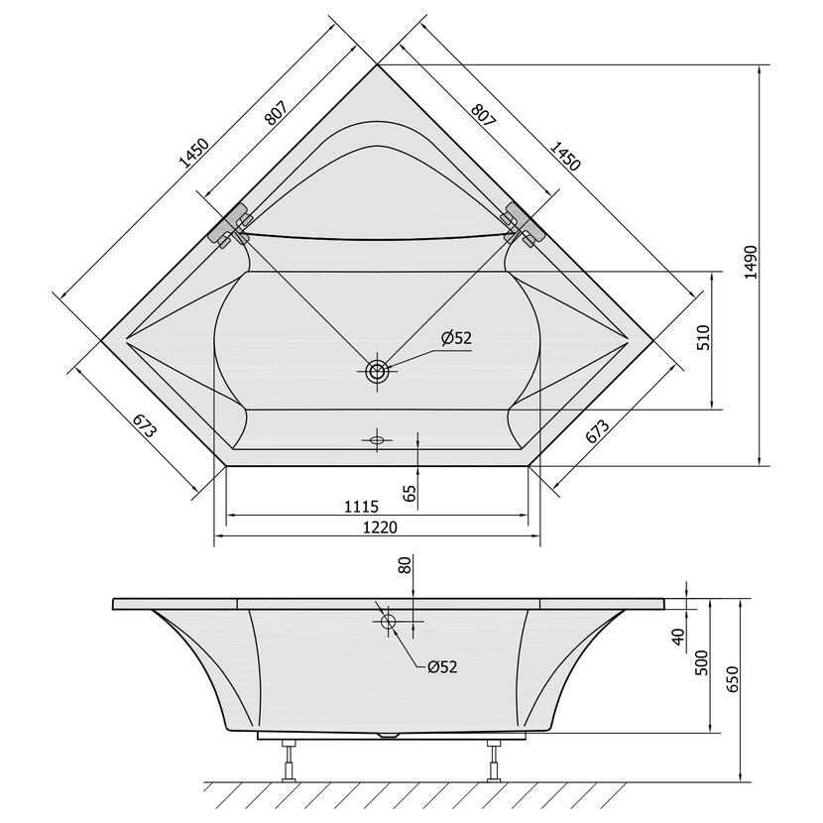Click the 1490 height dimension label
tap(751, 262)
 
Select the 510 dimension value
tap(703, 337)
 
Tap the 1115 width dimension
tap(361, 507)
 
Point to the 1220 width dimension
tap(381, 527)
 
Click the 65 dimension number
tap(410, 494)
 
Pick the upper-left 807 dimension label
tap(276, 113)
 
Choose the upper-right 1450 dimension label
tap(565, 156)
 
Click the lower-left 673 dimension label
tap(145, 425)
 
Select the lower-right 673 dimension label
tap(597, 431)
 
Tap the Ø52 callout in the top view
tap(457, 338)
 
